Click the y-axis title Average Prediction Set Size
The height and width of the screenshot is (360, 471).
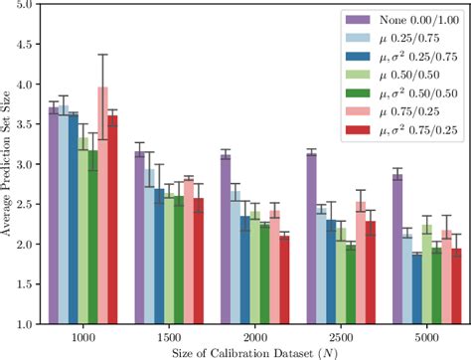coord(7,165)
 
